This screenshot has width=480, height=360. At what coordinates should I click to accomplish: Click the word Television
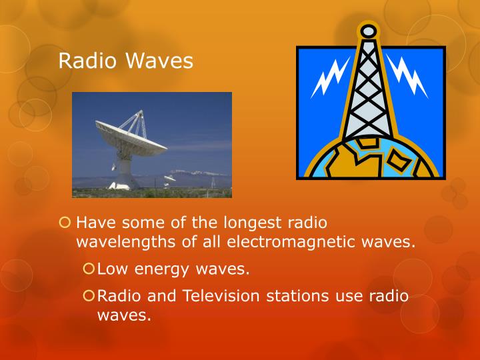point(216,295)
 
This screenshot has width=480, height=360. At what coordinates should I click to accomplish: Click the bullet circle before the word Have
point(64,223)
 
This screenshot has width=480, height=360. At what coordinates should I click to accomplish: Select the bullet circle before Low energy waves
point(89,269)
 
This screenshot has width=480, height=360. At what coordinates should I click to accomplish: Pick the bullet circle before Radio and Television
point(89,295)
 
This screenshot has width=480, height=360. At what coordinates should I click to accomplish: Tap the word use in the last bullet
point(353,295)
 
